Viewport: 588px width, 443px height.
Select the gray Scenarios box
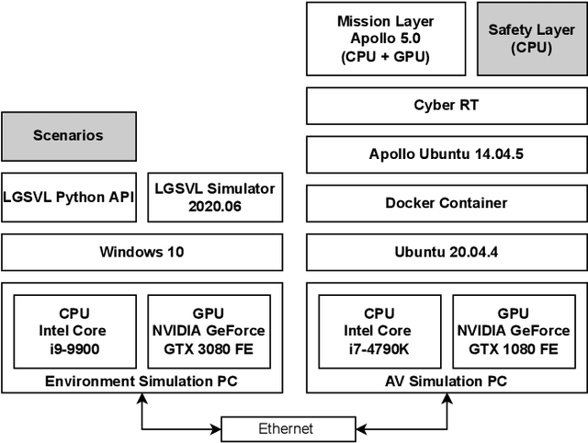pos(68,136)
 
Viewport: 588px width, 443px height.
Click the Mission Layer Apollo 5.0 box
pos(385,39)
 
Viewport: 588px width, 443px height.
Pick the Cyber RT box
pos(446,106)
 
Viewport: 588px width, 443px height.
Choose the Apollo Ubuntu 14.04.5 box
pos(446,153)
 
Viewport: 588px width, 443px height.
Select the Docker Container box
pos(446,202)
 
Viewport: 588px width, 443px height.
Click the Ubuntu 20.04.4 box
pos(446,252)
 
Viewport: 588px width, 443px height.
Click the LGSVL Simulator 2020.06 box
pos(215,197)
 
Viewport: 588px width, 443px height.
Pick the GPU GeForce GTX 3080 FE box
pos(209,331)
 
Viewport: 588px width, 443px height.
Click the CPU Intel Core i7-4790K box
pos(379,331)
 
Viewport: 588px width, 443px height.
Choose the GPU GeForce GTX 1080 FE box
pos(514,331)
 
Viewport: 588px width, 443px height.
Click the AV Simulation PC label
pos(446,381)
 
